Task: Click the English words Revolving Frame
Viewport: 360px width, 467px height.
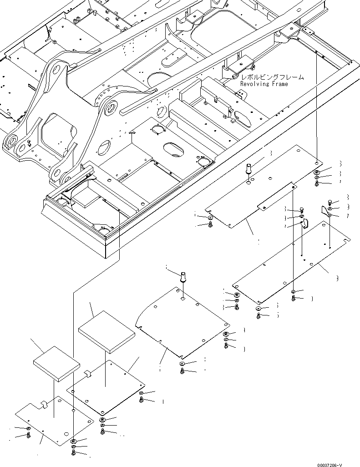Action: (x=264, y=84)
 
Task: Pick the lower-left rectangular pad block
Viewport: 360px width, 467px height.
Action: (x=56, y=363)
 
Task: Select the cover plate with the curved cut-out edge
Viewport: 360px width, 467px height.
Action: (x=182, y=323)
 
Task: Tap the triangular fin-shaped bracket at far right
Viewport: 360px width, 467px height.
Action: (x=325, y=210)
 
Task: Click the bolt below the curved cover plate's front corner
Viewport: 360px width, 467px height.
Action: (x=182, y=371)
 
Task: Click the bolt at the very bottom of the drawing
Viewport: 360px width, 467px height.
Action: (x=74, y=453)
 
